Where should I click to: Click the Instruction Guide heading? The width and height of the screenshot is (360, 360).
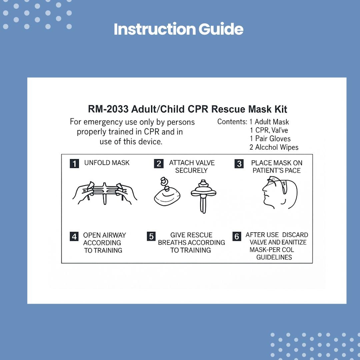[x=178, y=29]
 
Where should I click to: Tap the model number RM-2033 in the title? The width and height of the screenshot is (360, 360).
[x=108, y=109]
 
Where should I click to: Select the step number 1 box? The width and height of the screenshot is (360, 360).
[x=74, y=164]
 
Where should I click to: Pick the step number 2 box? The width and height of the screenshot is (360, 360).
[x=159, y=164]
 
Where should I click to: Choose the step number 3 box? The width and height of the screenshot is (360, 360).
[x=239, y=164]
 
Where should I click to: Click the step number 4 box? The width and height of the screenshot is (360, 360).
[x=74, y=236]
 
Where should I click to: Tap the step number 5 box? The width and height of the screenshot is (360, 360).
[x=151, y=236]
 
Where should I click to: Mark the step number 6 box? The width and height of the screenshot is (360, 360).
[x=237, y=236]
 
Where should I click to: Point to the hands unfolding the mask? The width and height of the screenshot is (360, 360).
[x=105, y=193]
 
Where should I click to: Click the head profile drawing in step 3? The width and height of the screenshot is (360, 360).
[x=280, y=192]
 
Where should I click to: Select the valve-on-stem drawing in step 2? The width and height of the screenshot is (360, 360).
[x=203, y=196]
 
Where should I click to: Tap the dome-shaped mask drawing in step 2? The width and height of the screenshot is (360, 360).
[x=167, y=191]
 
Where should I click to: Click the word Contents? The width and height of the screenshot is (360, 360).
[x=232, y=122]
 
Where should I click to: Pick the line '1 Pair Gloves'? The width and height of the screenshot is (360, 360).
[x=270, y=139]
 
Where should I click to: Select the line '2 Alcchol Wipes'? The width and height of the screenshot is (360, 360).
[x=274, y=147]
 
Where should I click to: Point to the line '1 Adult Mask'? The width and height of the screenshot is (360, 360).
[x=269, y=122]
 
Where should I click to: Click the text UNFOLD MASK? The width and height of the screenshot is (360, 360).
[x=107, y=163]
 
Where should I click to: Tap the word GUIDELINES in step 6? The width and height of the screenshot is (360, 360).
[x=274, y=257]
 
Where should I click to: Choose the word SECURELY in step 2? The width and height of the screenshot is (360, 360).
[x=191, y=170]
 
